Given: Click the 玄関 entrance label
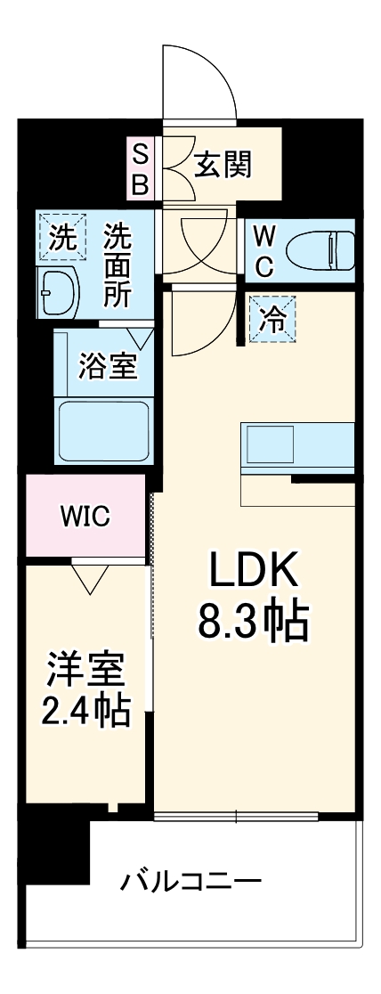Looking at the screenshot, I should coord(223,164).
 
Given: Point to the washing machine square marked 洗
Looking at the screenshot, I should coord(61,238).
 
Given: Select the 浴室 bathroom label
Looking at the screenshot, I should coord(108,367).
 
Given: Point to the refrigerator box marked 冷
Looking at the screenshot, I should coord(274,318).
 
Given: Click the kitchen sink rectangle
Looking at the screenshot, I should coord(269,444).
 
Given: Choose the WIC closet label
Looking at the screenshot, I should coord(85,515).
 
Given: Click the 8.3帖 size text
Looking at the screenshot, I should coord(253,622).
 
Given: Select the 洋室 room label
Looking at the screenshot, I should coord(86,670).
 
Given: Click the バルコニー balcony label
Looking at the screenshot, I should coord(191,883).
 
